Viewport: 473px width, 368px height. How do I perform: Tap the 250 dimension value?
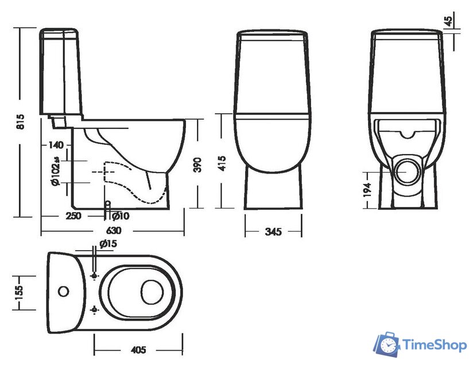click(x=73, y=216)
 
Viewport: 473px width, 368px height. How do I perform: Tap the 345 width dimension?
click(x=273, y=232)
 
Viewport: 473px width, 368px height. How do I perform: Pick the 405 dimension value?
click(x=138, y=350)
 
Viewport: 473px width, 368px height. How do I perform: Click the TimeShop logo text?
click(x=435, y=345)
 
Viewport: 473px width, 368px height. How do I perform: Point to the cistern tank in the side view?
click(x=59, y=72)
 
